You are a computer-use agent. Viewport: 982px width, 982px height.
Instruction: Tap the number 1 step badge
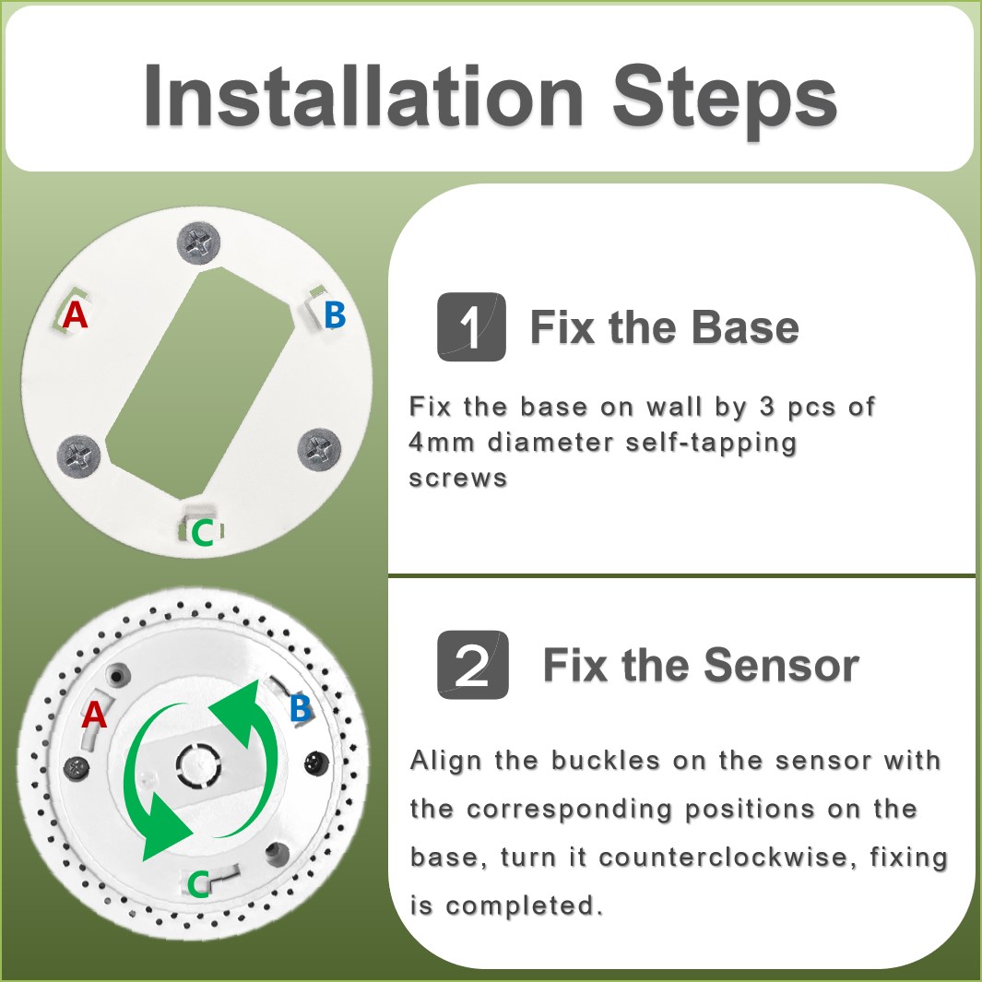pyautogui.click(x=471, y=326)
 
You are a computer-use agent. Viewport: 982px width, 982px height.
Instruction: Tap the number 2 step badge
pyautogui.click(x=472, y=665)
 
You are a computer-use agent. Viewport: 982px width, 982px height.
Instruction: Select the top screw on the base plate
pyautogui.click(x=198, y=243)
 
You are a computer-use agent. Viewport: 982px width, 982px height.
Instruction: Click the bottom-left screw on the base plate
pyautogui.click(x=79, y=456)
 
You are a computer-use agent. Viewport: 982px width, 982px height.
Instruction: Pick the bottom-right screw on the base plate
pyautogui.click(x=319, y=450)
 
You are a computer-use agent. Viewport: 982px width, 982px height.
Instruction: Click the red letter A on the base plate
pyautogui.click(x=76, y=314)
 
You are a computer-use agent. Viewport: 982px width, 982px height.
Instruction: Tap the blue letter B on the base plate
pyautogui.click(x=335, y=314)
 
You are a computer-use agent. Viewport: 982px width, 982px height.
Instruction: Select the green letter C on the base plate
pyautogui.click(x=202, y=533)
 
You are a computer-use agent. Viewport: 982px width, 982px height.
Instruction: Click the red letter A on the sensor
pyautogui.click(x=94, y=715)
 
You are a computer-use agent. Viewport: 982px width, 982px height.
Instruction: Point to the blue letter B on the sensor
pyautogui.click(x=300, y=708)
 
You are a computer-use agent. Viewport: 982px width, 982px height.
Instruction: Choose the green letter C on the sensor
pyautogui.click(x=198, y=884)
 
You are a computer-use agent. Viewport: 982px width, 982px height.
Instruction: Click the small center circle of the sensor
pyautogui.click(x=198, y=764)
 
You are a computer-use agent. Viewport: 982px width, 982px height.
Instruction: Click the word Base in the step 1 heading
pyautogui.click(x=745, y=327)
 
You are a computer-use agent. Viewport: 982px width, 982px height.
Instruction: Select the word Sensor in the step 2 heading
pyautogui.click(x=782, y=665)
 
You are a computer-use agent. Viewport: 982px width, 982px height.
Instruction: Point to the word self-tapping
pyautogui.click(x=711, y=444)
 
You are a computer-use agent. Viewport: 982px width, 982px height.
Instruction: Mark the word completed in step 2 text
pyautogui.click(x=525, y=905)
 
